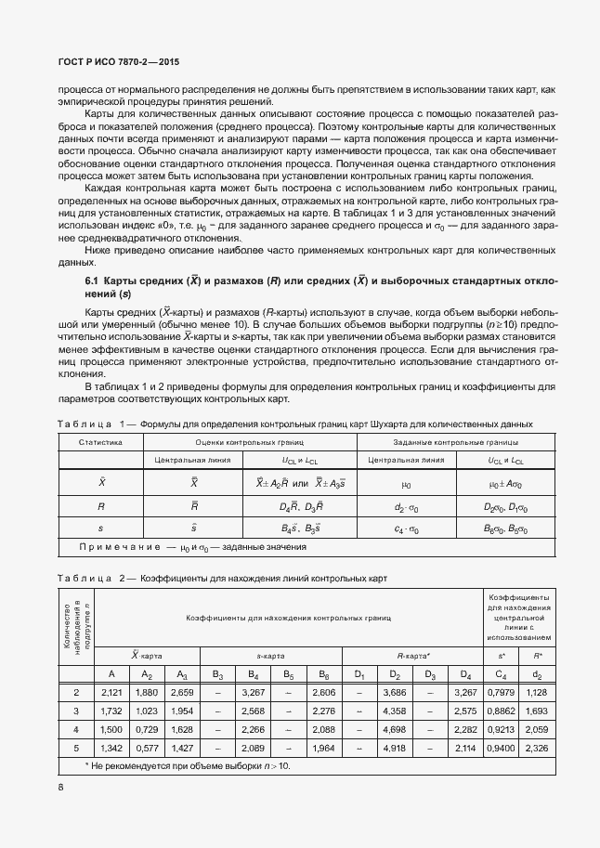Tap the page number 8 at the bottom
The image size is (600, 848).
tap(60, 787)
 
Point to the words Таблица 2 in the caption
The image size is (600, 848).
tap(91, 578)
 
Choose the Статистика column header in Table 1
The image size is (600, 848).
tap(99, 442)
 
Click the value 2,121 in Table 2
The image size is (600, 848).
tap(111, 692)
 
